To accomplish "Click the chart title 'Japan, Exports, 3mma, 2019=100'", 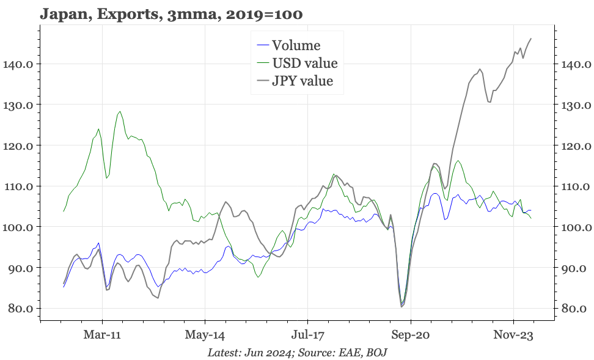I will (x=171, y=13).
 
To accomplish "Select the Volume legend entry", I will (x=296, y=45).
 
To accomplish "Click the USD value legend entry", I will (x=304, y=63).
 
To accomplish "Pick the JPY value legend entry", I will (x=302, y=81).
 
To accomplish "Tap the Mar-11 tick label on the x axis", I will (x=103, y=336).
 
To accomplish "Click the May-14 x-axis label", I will (x=205, y=336).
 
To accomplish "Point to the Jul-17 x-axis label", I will (x=307, y=336).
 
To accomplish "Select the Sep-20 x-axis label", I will (x=411, y=336).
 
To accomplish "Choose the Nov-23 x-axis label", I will (x=513, y=336).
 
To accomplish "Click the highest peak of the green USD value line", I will (x=120, y=111).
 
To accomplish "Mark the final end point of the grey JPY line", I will (x=530, y=39).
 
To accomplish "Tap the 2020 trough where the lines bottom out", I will (x=402, y=306).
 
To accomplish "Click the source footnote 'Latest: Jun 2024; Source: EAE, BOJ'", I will (x=297, y=353).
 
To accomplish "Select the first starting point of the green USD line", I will (x=64, y=211).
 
